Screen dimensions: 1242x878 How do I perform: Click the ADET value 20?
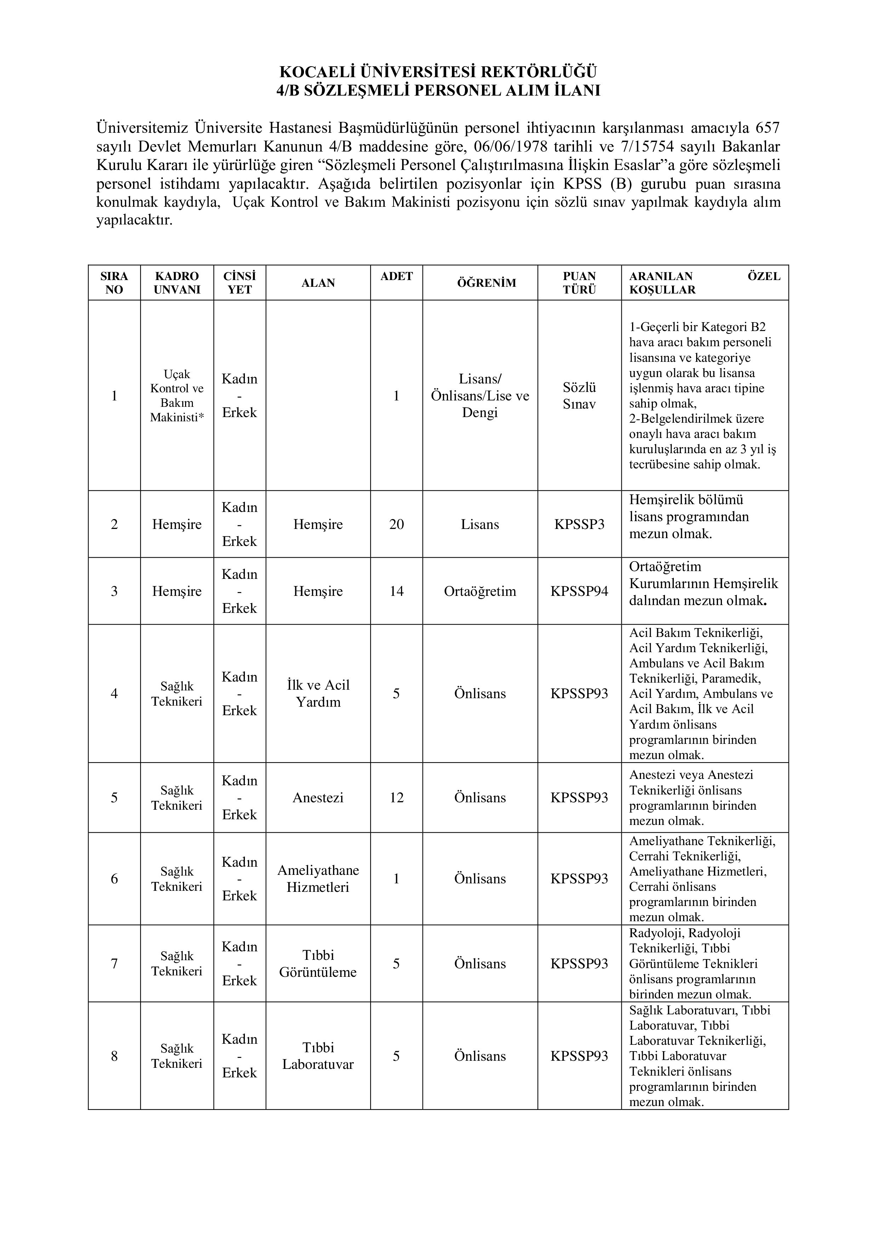click(x=396, y=524)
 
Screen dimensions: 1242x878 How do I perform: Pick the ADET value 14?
click(x=396, y=591)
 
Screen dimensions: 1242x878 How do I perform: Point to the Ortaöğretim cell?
click(x=480, y=591)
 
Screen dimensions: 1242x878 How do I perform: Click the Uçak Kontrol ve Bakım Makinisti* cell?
click(x=177, y=395)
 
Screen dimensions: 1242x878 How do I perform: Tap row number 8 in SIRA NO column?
click(x=114, y=1056)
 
